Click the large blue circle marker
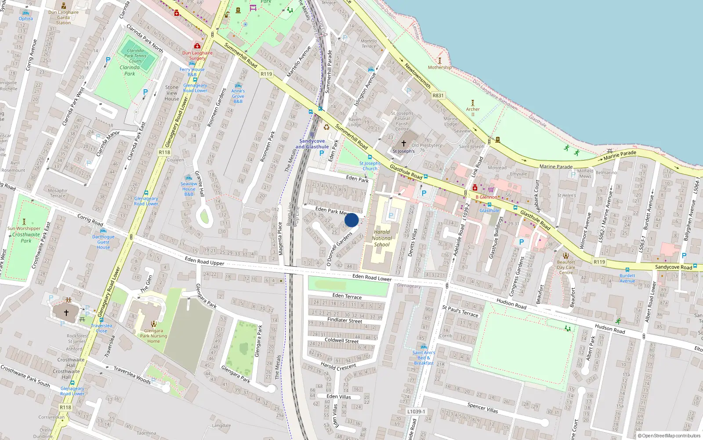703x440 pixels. [x=351, y=220]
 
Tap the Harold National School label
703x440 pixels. [x=382, y=238]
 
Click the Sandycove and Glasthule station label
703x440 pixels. [x=312, y=144]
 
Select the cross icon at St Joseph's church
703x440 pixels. [x=404, y=143]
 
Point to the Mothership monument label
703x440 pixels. [x=440, y=67]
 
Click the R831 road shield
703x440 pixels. [x=438, y=95]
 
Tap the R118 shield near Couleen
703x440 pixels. [x=164, y=152]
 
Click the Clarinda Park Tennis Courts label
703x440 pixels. [x=135, y=56]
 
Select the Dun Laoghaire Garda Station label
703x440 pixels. [x=63, y=18]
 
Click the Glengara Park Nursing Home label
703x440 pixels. [x=153, y=336]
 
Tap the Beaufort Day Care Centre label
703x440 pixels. [x=566, y=267]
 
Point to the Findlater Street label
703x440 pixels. [x=345, y=320]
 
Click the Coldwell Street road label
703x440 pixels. [x=341, y=341]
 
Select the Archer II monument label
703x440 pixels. [x=473, y=111]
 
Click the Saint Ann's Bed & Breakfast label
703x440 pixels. [x=424, y=358]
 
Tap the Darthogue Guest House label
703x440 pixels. [x=103, y=242]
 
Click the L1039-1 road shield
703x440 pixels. [x=416, y=411]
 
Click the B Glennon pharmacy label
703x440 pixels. [x=486, y=197]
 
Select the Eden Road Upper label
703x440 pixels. [x=204, y=261]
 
